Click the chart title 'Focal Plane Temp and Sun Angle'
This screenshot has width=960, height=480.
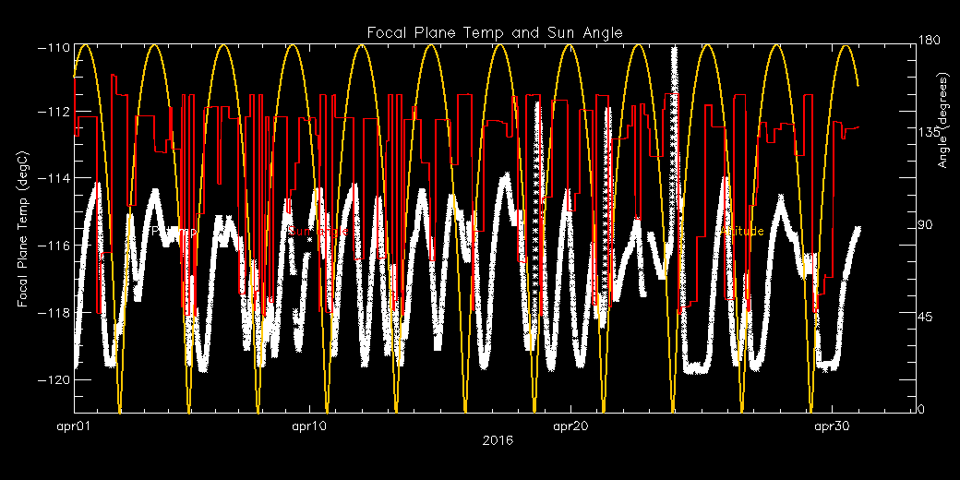(495, 32)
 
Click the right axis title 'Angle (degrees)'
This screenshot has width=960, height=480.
(943, 138)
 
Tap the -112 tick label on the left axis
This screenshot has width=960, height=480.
(54, 112)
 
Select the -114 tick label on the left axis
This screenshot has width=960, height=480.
(54, 178)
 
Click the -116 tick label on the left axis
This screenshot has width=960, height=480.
(54, 246)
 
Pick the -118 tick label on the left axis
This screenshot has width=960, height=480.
(54, 313)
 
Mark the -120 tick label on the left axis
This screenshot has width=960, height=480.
(54, 379)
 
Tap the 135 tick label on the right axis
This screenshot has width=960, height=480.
(928, 133)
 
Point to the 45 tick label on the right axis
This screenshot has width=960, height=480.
(925, 318)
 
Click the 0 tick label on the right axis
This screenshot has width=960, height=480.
(922, 411)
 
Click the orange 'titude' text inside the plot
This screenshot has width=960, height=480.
(746, 231)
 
